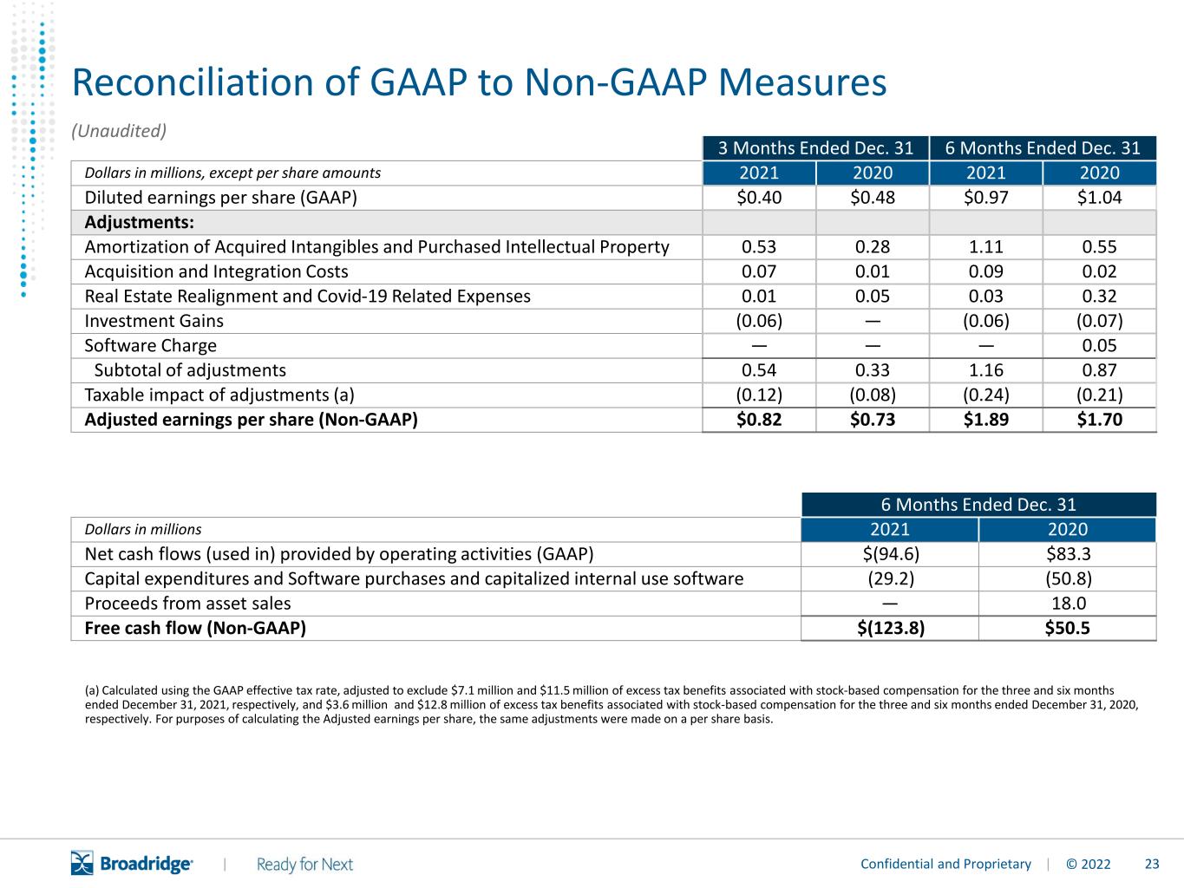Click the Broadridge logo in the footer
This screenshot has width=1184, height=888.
[132, 864]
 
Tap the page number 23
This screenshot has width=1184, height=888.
[1152, 865]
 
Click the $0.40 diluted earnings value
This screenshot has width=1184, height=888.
[759, 198]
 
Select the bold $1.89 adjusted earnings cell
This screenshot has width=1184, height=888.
[986, 420]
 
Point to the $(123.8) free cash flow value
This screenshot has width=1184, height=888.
[891, 628]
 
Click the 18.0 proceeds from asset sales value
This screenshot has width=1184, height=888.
[1069, 604]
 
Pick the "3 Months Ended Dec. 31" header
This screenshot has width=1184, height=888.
[815, 148]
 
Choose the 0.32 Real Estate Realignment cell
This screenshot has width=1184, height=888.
[1099, 297]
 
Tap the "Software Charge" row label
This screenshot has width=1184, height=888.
[151, 346]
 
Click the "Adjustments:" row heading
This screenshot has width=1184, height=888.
[139, 222]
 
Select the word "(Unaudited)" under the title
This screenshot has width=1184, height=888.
[119, 131]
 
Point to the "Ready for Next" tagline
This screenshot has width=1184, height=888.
[304, 865]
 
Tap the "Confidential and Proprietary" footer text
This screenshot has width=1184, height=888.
[945, 865]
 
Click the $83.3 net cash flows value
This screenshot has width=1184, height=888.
[1069, 554]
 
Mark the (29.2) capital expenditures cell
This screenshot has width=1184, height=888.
[891, 579]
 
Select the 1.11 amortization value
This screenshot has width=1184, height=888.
[986, 247]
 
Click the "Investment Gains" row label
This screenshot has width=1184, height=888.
[154, 322]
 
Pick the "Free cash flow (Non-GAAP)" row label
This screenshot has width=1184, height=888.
[195, 628]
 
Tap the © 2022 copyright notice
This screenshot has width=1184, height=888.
[1089, 865]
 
